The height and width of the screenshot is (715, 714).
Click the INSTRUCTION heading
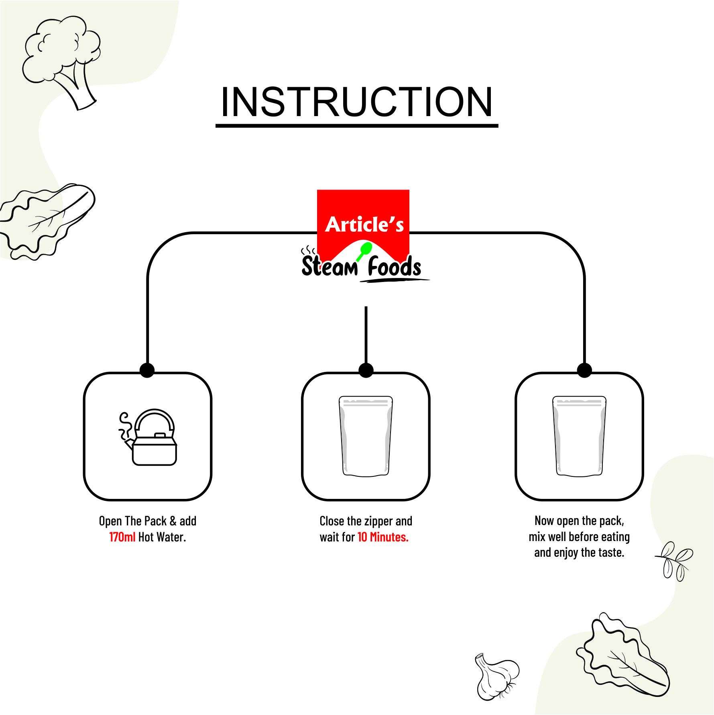point(356,102)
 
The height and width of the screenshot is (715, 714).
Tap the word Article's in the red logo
point(364,224)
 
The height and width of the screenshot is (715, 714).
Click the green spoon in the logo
point(364,251)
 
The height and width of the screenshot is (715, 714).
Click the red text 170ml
point(122,537)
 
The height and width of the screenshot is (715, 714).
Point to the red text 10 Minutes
point(383,537)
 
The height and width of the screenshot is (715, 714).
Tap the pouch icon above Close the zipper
point(366,436)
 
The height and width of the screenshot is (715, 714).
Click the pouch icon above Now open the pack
point(579,436)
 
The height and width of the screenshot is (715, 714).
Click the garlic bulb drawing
point(496,676)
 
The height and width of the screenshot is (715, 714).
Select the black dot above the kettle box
point(147,370)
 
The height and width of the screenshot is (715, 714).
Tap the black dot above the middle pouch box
point(366,370)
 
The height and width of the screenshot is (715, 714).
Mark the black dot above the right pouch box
point(584,370)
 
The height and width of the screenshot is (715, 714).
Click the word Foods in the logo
point(395,266)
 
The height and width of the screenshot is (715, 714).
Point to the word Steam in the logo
point(329,266)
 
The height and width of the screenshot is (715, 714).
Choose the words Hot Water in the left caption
point(162,537)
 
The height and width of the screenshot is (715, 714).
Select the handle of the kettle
point(155,418)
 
